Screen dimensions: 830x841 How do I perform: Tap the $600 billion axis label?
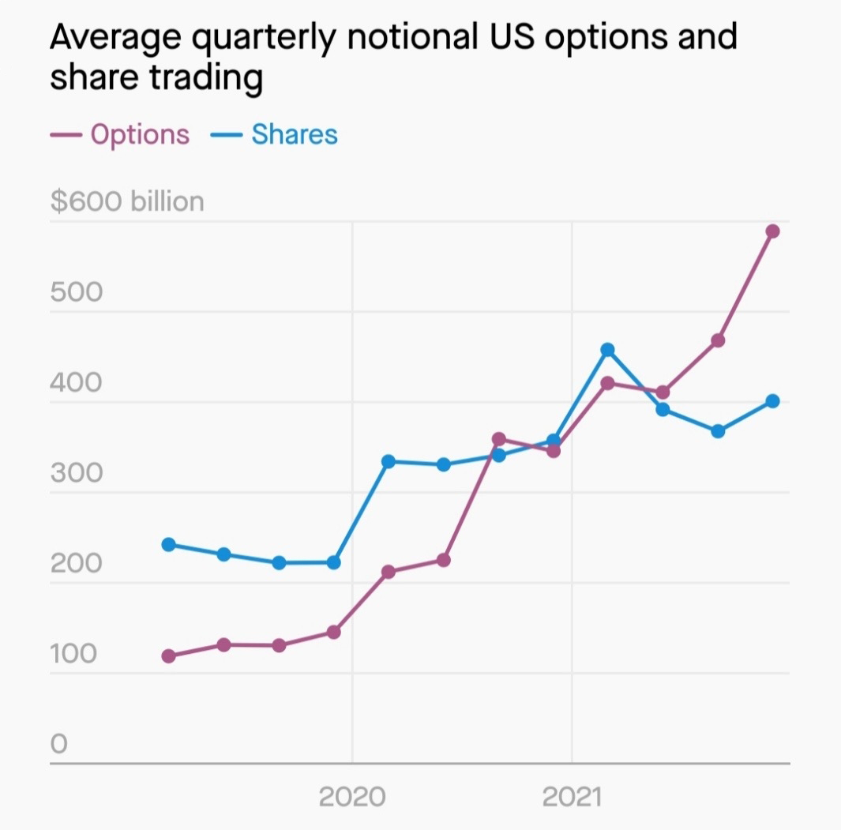(127, 202)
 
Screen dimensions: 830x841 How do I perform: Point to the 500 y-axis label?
(76, 292)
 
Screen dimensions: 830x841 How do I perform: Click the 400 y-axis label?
(76, 383)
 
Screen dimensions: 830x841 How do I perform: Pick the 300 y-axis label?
(76, 474)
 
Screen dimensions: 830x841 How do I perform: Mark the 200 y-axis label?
(76, 564)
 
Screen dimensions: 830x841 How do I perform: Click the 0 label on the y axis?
(58, 744)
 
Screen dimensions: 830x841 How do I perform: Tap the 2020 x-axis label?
(352, 796)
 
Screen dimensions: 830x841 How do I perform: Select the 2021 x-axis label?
(572, 796)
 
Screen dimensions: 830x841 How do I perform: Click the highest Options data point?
(772, 231)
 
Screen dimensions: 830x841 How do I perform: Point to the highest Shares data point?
(607, 350)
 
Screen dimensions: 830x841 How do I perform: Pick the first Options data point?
(168, 656)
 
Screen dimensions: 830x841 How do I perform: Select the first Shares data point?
(168, 545)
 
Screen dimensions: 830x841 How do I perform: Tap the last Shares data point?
(772, 401)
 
